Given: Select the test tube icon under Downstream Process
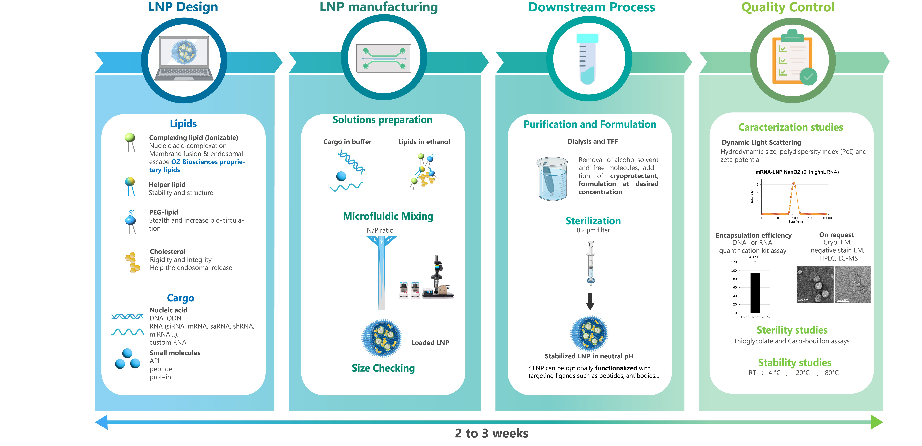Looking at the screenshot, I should [587, 59].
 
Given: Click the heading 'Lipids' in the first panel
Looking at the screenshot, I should [183, 124].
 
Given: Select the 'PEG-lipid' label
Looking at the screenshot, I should [164, 212].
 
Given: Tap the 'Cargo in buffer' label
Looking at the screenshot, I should [347, 142].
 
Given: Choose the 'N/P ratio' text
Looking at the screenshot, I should [380, 230].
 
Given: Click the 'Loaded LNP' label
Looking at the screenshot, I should [430, 343].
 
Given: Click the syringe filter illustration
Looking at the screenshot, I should [591, 263].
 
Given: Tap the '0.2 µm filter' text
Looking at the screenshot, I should [593, 230].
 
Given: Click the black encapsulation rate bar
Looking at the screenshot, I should [755, 293].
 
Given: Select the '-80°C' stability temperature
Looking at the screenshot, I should [830, 373].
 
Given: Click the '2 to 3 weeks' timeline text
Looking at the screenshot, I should [491, 433].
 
